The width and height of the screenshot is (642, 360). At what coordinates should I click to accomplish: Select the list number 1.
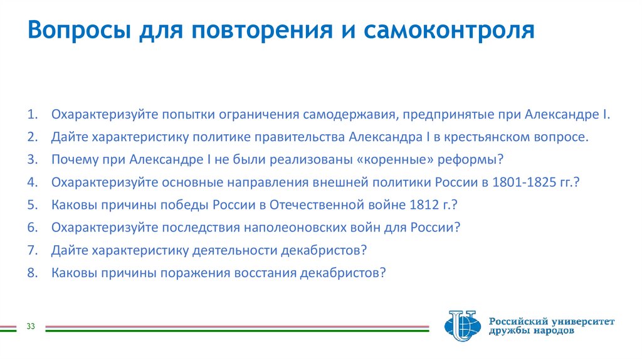pyautogui.click(x=33, y=115)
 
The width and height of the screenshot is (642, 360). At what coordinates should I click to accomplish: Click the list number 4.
pyautogui.click(x=33, y=183)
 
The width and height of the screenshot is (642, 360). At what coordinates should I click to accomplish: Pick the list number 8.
pyautogui.click(x=33, y=273)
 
